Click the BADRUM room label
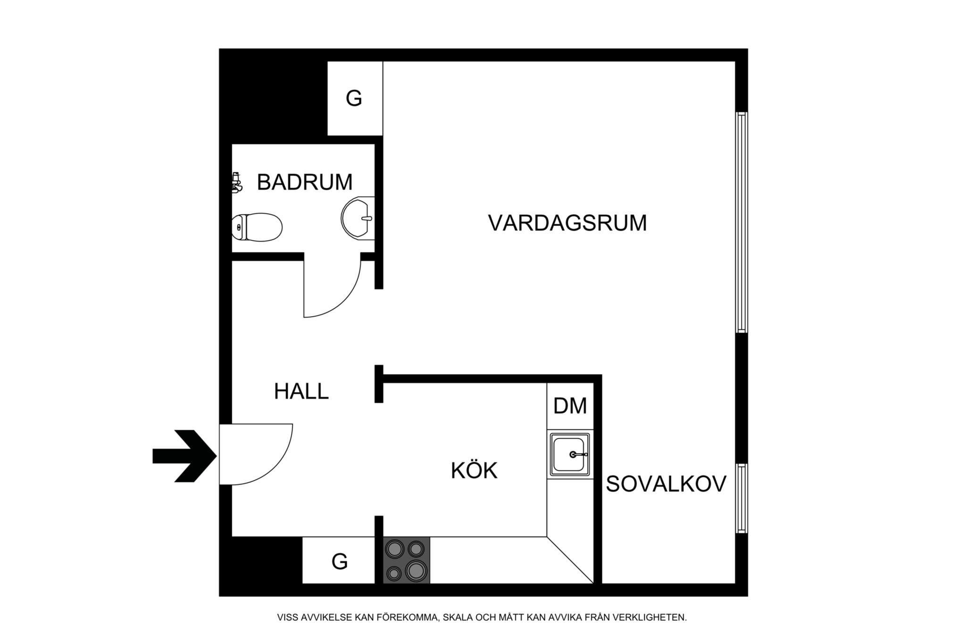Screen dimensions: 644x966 point(304,183)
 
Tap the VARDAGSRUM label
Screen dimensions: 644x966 point(567,223)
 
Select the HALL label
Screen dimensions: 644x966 point(301,392)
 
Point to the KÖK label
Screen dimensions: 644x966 point(474,471)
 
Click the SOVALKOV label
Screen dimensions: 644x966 point(666,484)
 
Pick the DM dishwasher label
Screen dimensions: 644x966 point(570,406)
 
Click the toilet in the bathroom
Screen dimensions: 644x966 point(257,227)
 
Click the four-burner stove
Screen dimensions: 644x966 point(407,560)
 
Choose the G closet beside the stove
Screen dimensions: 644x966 point(339,561)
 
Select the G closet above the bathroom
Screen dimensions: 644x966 point(354,99)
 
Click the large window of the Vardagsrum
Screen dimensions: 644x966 point(741,222)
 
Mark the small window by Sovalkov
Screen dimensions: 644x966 point(741,498)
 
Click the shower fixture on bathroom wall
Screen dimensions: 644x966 point(236,183)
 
